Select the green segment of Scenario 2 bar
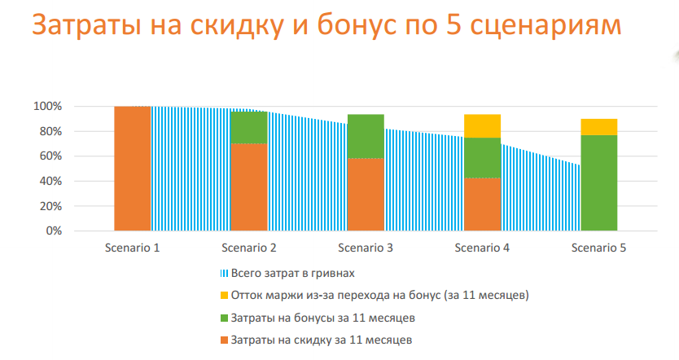[249, 127]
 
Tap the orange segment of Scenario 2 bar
[249, 187]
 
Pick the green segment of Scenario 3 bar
[366, 136]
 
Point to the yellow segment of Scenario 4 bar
[482, 125]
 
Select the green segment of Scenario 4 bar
[482, 157]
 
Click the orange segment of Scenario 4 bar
[482, 204]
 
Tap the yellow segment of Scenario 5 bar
[598, 126]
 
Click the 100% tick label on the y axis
[47, 107]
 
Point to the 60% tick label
[50, 156]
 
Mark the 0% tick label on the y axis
[52, 230]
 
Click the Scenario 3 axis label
[366, 248]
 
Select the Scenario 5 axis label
[598, 248]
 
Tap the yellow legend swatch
[224, 294]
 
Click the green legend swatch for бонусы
[224, 317]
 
